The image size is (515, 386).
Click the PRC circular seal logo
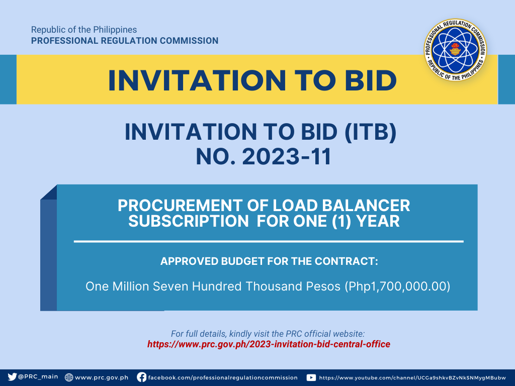455,50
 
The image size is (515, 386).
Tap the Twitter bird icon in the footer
12,377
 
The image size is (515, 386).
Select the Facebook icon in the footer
141,377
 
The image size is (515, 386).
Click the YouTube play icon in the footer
311,377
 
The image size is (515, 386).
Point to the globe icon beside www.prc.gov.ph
68,377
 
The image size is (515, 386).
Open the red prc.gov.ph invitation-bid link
269,344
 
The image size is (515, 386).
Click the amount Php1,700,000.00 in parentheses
397,286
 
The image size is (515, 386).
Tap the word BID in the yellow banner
371,80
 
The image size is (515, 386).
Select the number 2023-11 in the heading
287,156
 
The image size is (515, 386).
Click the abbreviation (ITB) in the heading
370,132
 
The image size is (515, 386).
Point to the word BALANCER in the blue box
366,206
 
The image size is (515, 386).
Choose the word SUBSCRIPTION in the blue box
189,221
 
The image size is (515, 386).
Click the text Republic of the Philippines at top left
84,30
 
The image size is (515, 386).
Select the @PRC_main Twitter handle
38,377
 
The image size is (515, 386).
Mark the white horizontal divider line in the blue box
269,242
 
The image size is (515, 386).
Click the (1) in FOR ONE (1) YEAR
341,221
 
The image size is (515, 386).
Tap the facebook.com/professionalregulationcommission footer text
223,377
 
